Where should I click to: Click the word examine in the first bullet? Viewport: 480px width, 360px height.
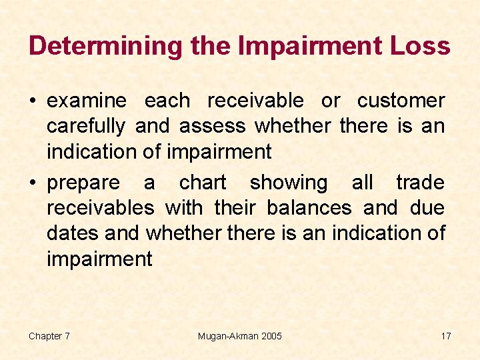(87, 101)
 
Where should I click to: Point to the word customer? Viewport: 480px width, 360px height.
(401, 101)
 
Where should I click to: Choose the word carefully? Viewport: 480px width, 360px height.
(86, 126)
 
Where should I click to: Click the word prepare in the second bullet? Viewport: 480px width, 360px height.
(83, 183)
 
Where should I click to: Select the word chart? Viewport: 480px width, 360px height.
(203, 183)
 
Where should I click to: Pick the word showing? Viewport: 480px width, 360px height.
(289, 183)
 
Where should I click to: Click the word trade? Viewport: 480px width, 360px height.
(420, 183)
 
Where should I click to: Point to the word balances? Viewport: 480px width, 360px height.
(309, 208)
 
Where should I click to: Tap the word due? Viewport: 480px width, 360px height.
(427, 208)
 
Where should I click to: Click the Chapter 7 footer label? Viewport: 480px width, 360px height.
(49, 336)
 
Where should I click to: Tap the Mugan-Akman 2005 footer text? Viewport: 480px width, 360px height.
(240, 336)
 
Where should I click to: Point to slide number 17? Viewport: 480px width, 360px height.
(445, 336)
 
